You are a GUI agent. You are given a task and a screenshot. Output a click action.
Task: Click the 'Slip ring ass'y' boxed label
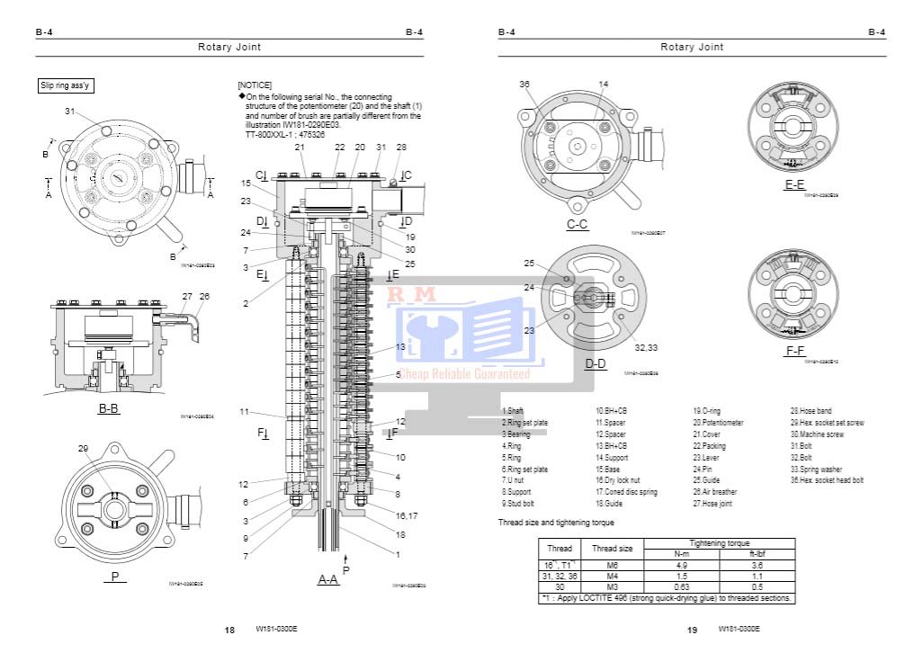pos(65,85)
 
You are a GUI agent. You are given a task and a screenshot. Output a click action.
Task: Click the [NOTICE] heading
pos(255,85)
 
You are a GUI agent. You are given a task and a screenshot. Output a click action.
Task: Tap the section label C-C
pos(578,224)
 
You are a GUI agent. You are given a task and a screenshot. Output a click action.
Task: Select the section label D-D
pos(596,363)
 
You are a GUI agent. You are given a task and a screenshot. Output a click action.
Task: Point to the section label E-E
pos(794,184)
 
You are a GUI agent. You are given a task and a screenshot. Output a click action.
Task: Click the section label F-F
pos(794,350)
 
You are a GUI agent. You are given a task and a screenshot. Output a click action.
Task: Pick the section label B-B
pos(109,408)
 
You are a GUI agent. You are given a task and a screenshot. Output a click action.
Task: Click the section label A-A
pos(327,580)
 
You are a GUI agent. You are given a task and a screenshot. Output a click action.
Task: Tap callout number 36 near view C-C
pos(524,84)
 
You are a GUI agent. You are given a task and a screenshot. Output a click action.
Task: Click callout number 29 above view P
pos(84,448)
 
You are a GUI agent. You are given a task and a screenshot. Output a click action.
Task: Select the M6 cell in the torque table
pos(612,565)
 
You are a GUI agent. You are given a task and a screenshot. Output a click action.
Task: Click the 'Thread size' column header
pos(612,548)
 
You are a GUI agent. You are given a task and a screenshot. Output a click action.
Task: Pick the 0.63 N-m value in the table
pos(681,587)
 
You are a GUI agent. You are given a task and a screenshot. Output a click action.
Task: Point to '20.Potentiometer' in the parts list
pos(718,422)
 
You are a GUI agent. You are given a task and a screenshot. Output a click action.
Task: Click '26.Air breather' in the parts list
pos(714,492)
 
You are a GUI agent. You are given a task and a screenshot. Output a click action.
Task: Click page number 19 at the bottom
pos(692,630)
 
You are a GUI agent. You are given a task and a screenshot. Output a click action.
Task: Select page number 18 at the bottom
pos(229,630)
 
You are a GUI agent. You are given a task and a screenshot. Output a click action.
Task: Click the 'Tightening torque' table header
pos(718,542)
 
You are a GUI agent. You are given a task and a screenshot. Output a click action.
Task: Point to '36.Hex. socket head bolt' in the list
pos(827,480)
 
